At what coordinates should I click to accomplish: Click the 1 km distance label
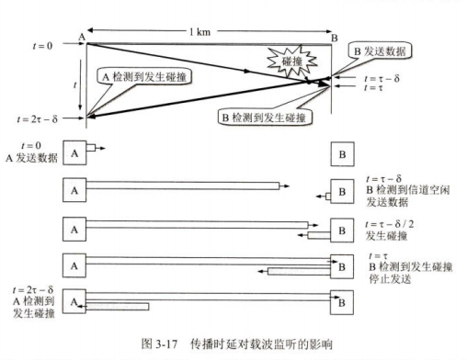point(199,31)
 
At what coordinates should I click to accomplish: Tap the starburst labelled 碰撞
point(291,62)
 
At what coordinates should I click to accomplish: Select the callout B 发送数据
point(380,51)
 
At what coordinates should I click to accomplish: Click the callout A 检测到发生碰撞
point(144,76)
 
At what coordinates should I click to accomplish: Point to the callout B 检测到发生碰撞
point(265,118)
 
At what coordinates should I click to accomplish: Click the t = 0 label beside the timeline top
point(42,46)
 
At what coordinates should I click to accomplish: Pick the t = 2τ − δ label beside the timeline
point(38,118)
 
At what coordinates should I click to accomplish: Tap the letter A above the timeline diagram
point(82,37)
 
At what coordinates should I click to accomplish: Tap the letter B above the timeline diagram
point(335,38)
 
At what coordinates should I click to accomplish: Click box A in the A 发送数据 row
point(74,153)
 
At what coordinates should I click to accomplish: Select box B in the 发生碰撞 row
point(342,231)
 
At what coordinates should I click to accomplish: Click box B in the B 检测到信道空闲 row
point(342,192)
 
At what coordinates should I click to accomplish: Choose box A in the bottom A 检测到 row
point(74,301)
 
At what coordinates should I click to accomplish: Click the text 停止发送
point(390,279)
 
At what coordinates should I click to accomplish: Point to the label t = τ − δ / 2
point(390,224)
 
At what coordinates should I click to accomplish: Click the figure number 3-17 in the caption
point(166,344)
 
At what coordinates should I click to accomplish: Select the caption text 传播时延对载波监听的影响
point(261,344)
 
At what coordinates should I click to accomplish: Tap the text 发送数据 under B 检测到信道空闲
point(387,202)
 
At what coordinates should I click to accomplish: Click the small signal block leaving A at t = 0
point(91,148)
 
